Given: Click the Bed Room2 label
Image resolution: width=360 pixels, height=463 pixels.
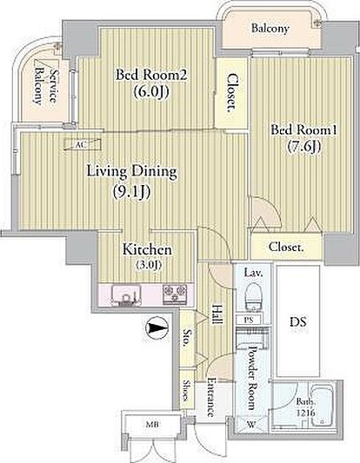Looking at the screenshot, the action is pos(151,75).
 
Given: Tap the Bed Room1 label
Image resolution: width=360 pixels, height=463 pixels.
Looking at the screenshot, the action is pos(303,130).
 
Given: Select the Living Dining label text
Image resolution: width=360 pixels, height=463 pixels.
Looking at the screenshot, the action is pos(132,172).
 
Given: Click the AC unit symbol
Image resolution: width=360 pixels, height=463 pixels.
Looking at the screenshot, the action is pos(83,145).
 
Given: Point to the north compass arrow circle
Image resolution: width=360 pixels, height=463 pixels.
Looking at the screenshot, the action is pos(157,328).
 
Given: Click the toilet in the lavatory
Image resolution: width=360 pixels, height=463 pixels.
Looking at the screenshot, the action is pos(253,296).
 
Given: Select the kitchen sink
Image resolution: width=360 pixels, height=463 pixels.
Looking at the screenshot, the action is pos(126,295).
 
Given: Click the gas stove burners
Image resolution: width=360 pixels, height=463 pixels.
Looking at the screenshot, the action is pos(175,294).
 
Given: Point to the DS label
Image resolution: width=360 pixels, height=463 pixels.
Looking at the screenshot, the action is pos(298,321).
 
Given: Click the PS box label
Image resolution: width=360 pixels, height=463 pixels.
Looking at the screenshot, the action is pos(249,320).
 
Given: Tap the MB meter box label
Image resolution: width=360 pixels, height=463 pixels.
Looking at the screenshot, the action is pos(152,425).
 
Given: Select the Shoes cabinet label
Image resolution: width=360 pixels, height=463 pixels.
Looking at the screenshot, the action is pos(187,391).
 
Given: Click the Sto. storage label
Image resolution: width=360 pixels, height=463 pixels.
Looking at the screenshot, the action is pos(187,338).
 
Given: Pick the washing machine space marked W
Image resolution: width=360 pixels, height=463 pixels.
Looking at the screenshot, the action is pos(251,425).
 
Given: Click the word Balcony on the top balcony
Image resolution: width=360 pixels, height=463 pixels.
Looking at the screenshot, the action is pos(270,29).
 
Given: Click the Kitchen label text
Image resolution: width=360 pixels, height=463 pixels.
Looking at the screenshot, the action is pos(147,250).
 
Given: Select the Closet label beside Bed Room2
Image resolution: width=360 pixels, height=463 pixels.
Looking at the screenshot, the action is pos(233,93).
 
